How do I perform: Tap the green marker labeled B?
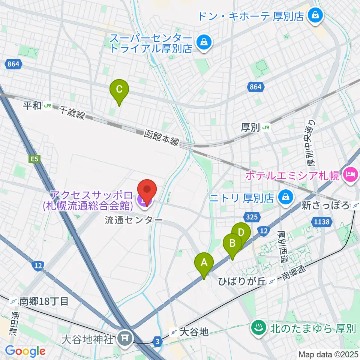232,243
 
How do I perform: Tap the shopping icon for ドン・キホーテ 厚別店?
312,15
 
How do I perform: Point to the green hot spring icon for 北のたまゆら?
258,328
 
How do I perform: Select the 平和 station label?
37,106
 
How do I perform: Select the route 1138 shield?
322,222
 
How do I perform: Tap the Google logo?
25,351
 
